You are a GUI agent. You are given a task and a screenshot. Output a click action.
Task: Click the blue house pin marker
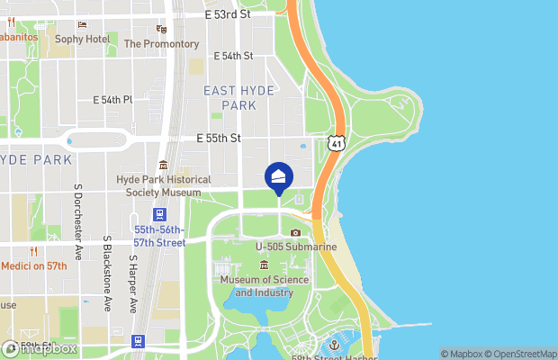click(279, 176)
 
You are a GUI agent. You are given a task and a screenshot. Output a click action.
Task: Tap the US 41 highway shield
click(335, 143)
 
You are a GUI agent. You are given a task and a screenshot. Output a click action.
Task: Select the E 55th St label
click(220, 139)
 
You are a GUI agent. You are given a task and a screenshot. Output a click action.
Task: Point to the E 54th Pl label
click(113, 100)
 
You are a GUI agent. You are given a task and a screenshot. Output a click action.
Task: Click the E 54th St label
click(233, 56)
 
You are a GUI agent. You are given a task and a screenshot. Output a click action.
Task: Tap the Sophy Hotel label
click(82, 39)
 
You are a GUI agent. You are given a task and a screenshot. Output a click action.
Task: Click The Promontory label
click(161, 43)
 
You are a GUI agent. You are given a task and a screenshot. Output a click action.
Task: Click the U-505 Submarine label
click(295, 247)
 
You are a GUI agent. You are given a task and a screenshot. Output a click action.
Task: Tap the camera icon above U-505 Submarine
click(295, 232)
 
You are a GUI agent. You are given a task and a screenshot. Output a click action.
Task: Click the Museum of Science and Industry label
click(265, 286)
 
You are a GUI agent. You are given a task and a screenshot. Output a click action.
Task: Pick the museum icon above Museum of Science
click(264, 265)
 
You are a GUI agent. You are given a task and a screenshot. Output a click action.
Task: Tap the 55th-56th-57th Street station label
click(158, 237)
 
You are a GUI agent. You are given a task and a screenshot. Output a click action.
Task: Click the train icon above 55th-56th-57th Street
click(158, 214)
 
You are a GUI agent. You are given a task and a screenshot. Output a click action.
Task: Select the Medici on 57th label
click(34, 266)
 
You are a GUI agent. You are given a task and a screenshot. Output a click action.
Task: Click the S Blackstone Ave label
click(106, 275)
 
